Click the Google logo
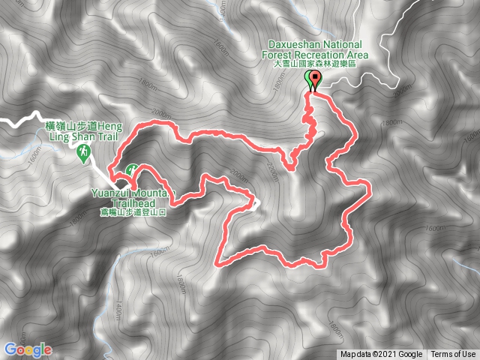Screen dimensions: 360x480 point(28,349)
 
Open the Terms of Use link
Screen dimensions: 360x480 point(453,355)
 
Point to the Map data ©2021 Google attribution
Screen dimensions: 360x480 point(381,355)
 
